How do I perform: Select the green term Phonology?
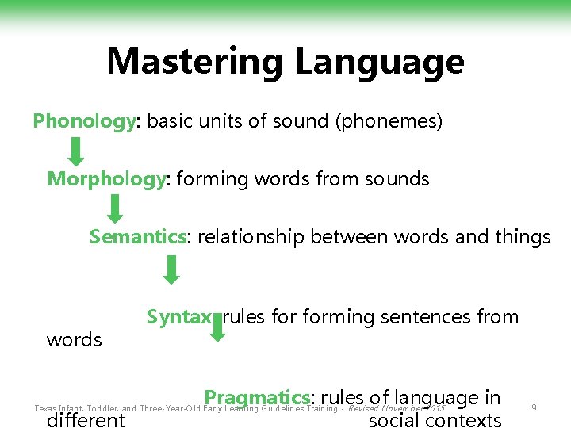84,121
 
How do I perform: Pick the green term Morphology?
106,179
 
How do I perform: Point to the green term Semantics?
137,237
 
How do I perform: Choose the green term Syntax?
179,317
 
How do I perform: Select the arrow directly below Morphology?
115,208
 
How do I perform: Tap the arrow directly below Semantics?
171,269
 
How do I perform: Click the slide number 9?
535,408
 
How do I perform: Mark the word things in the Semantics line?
520,237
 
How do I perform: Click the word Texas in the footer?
46,409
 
